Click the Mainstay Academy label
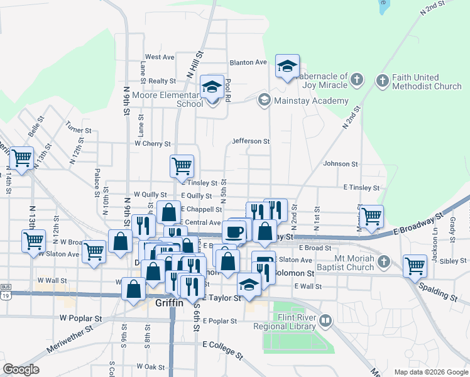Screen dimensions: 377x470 point(310,101)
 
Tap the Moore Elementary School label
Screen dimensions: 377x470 point(163,100)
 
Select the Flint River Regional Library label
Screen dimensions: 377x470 point(286,322)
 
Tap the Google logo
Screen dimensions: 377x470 point(21,369)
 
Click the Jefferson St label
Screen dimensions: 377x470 point(251,141)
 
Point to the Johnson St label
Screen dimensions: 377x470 point(340,163)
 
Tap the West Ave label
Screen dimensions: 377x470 point(160,57)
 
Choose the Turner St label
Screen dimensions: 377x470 point(79,126)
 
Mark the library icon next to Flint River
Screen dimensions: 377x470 point(325,322)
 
